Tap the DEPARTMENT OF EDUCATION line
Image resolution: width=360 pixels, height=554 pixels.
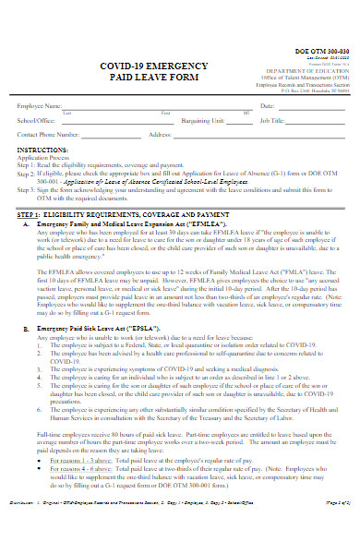click(x=315, y=70)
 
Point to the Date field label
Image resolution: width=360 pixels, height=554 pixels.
click(x=267, y=106)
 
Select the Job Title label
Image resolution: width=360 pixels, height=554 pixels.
click(x=273, y=120)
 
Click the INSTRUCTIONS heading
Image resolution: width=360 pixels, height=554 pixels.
click(x=42, y=149)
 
